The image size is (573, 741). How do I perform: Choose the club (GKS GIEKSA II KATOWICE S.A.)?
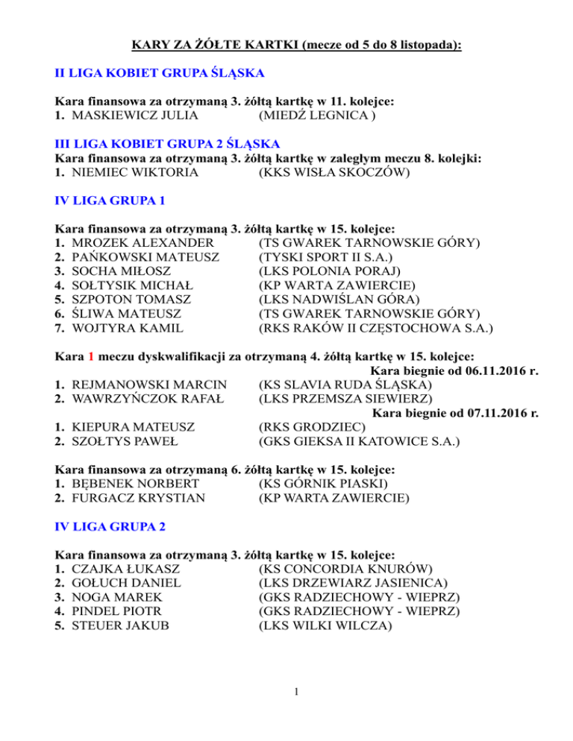358,441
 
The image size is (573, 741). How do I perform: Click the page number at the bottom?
296,693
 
